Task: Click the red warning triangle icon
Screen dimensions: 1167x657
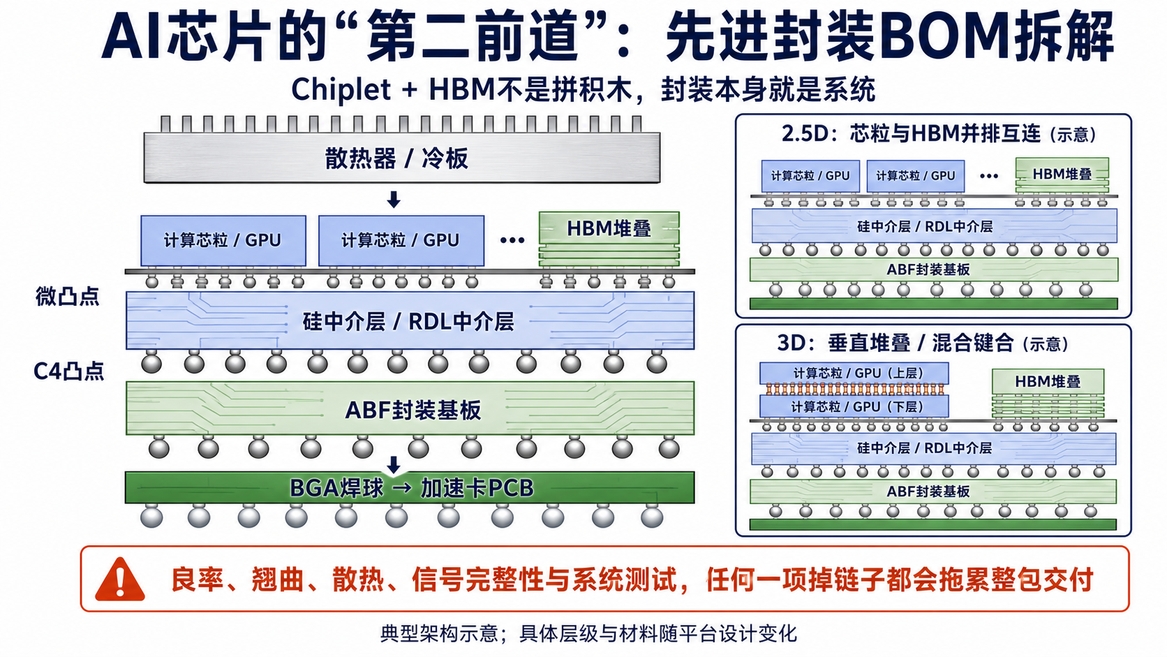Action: point(120,580)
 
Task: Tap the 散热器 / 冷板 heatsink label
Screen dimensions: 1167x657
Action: point(396,158)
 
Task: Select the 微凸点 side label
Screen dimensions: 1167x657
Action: point(67,296)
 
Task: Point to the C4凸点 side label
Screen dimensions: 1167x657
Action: point(69,371)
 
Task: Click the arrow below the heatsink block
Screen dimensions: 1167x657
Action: point(394,199)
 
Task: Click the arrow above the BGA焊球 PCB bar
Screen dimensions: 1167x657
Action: point(394,464)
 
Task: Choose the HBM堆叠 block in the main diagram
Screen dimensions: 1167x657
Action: point(609,239)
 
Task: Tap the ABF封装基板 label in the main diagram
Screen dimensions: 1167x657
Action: point(413,410)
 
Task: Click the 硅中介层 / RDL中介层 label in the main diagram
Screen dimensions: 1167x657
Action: point(408,321)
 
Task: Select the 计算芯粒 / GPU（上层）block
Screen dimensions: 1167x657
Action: point(854,373)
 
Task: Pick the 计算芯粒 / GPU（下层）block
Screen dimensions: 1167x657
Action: point(854,406)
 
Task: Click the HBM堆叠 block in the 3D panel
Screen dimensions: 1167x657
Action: point(1048,393)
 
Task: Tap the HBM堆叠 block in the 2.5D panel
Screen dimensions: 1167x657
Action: point(1062,175)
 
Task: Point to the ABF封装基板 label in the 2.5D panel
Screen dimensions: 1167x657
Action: point(928,270)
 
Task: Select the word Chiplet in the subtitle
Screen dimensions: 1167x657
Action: point(341,89)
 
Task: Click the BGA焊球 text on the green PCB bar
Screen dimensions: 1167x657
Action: point(336,488)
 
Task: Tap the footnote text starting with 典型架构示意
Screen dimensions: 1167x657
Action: point(588,633)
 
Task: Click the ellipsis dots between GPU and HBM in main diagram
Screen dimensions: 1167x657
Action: point(512,240)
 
